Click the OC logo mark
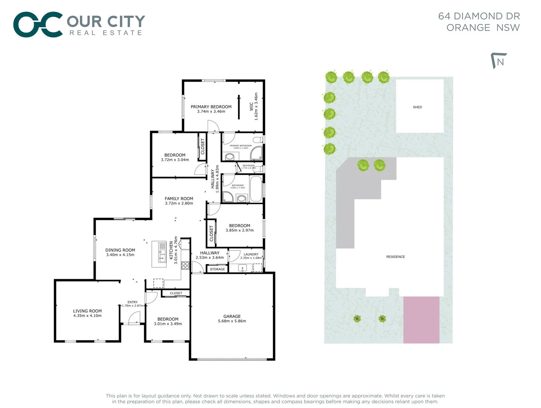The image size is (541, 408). (38, 25)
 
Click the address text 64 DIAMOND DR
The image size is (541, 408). (479, 16)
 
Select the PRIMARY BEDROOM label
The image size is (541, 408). (211, 107)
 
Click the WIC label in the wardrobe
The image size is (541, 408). (252, 107)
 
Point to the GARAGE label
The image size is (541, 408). (232, 316)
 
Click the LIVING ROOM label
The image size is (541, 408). (87, 311)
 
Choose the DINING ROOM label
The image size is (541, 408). (120, 250)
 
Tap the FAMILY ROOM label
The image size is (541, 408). (179, 198)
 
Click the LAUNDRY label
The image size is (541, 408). (251, 254)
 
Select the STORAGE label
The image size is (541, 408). (217, 269)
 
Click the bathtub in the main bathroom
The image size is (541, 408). (256, 189)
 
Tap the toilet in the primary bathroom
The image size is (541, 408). (258, 141)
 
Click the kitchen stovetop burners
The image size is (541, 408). (185, 265)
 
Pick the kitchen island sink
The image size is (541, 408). (162, 258)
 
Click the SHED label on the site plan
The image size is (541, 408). (417, 107)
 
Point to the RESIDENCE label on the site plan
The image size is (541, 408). (395, 257)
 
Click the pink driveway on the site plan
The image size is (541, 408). (421, 320)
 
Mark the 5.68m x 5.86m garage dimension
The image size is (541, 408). (232, 321)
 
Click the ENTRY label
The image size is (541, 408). (132, 302)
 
